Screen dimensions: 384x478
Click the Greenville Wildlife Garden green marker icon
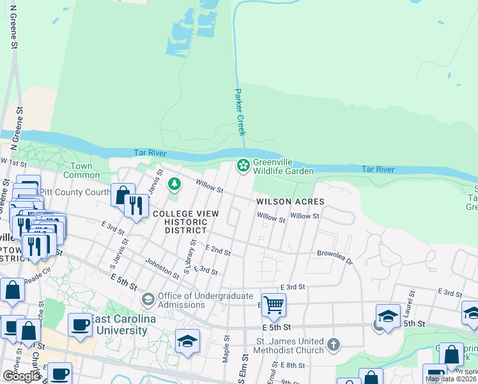coord(243,166)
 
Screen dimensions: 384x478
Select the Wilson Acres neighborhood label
coord(291,201)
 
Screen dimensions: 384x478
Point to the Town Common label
coord(81,170)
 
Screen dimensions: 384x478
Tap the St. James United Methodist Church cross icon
coord(332,345)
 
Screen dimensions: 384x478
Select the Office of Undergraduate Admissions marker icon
coord(148,300)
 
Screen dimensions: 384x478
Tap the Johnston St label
coord(162,267)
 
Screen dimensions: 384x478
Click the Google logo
coord(21,376)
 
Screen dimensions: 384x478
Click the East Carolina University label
coord(119,325)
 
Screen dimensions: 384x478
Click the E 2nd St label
coord(218,250)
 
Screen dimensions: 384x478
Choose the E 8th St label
coord(293,365)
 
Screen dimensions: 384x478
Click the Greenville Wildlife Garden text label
coord(283,166)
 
